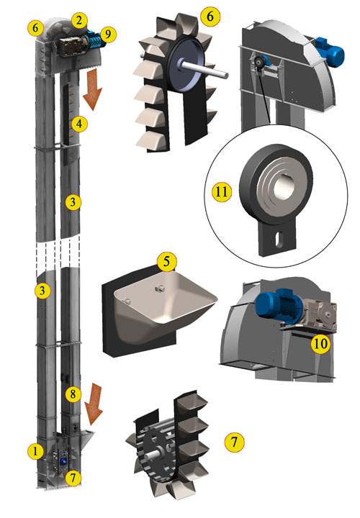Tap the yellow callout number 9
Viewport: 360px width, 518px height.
[x=107, y=33]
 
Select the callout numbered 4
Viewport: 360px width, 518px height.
[x=81, y=124]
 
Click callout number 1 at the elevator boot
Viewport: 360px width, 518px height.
[x=34, y=451]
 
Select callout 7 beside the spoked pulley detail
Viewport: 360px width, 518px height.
[x=232, y=440]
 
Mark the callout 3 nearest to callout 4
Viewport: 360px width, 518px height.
[x=73, y=202]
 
